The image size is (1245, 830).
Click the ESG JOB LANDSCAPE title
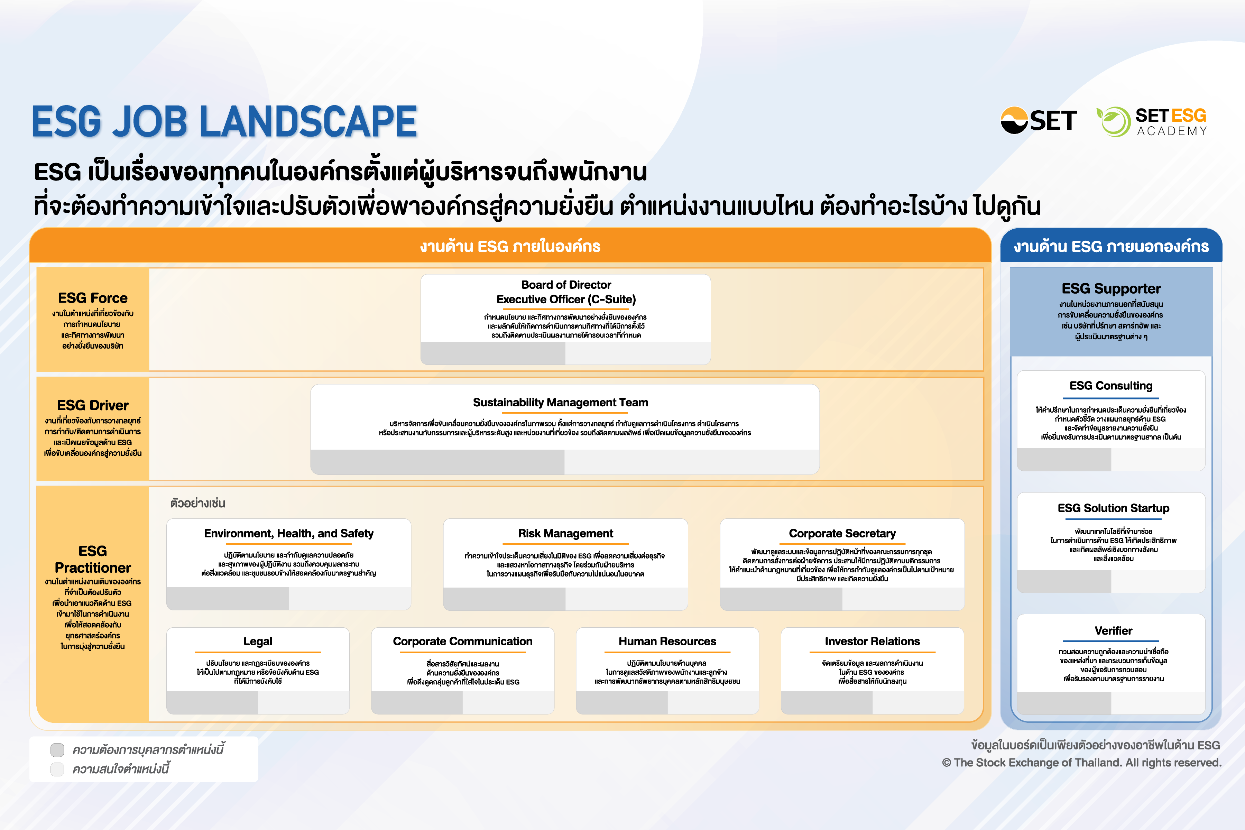[x=224, y=122]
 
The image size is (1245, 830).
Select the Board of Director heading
[x=566, y=285]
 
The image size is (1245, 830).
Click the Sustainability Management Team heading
[x=560, y=402]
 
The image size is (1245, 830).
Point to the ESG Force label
[x=93, y=298]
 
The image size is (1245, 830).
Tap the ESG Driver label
[x=93, y=405]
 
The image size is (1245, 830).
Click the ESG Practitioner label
[x=93, y=560]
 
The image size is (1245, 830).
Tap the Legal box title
[x=258, y=641]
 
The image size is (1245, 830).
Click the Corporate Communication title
[x=463, y=641]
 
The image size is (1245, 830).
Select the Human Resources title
[x=667, y=641]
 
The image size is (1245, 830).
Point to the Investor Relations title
[x=872, y=641]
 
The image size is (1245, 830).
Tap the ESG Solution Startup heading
[x=1113, y=508]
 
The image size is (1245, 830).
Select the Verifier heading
[x=1113, y=630]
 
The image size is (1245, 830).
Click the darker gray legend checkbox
[x=57, y=749]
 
